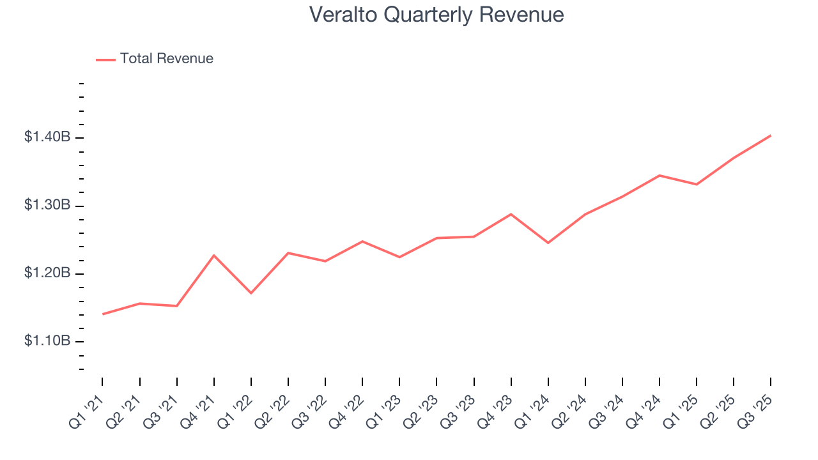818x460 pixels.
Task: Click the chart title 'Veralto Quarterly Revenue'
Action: coord(436,15)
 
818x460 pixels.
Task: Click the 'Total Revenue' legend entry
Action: coord(166,59)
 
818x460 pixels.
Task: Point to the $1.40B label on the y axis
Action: coord(48,138)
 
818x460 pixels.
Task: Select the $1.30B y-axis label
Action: coord(48,206)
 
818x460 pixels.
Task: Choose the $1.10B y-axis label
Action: coord(48,342)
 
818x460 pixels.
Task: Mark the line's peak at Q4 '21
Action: coord(214,256)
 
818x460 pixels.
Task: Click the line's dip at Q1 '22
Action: coord(251,293)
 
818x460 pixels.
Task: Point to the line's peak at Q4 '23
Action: coord(511,214)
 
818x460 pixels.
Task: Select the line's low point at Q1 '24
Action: coord(548,243)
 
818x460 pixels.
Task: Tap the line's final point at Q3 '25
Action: coord(770,135)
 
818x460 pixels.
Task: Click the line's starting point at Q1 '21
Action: coord(103,314)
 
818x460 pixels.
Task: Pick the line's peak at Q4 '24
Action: coord(659,175)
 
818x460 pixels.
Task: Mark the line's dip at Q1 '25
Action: coord(696,185)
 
